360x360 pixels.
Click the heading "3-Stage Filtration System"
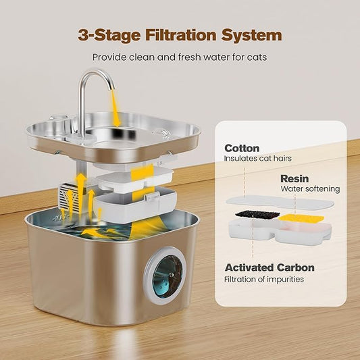point(180,34)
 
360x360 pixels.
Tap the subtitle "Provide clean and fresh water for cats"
point(180,57)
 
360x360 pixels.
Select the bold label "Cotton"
point(242,148)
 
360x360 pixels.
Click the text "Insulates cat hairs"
point(257,159)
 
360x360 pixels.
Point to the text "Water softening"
point(310,189)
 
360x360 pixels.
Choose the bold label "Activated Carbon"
point(269,267)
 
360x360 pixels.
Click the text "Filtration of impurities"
point(264,279)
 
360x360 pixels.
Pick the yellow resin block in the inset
point(298,219)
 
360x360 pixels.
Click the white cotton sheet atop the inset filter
point(279,202)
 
